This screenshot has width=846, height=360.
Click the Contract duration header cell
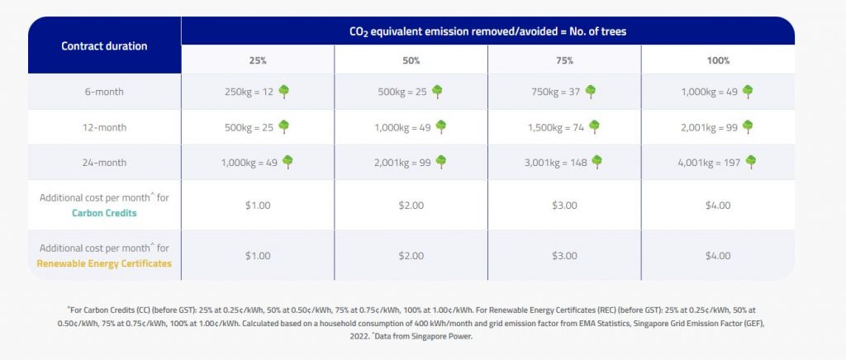coord(104,45)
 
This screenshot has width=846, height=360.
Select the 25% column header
coord(258,60)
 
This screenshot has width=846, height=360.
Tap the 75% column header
coord(564,60)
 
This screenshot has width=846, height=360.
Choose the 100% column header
coord(718,60)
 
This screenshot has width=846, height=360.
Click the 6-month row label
coord(104,92)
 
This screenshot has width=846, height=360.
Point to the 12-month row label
coord(104,127)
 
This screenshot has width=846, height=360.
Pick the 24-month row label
coord(104,162)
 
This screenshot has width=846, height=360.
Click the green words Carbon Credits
coord(104,213)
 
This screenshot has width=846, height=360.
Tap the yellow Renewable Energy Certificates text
coord(104,263)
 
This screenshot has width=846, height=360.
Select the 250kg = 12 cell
coord(250,92)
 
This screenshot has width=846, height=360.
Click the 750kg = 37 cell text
coord(556,92)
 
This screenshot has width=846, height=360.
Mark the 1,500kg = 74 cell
coord(556,127)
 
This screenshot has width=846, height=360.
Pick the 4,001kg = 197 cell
coord(709,162)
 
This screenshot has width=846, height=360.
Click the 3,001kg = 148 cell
coord(556,162)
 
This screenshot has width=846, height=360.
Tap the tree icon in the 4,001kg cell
coord(750,162)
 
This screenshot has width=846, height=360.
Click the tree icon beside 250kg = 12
coord(284,92)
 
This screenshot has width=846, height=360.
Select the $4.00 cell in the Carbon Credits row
coord(718,206)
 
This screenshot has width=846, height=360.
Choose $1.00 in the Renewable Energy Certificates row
coord(258,256)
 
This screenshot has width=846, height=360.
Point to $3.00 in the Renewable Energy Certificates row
coord(564,256)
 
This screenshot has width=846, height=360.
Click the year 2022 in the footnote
coord(359,336)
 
